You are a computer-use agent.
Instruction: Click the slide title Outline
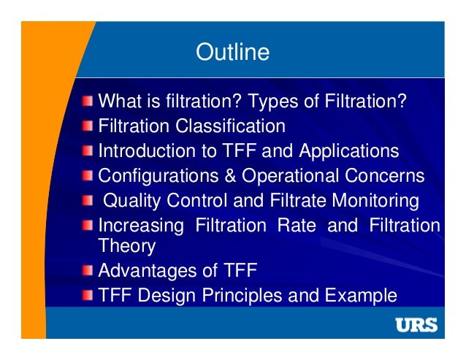pos(233,53)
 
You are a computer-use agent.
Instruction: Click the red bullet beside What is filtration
pos(88,100)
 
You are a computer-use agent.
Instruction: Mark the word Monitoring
pos(376,201)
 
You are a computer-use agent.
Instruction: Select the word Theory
pos(127,246)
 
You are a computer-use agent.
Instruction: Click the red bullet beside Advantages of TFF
pos(88,271)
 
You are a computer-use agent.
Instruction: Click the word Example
pos(359,296)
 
